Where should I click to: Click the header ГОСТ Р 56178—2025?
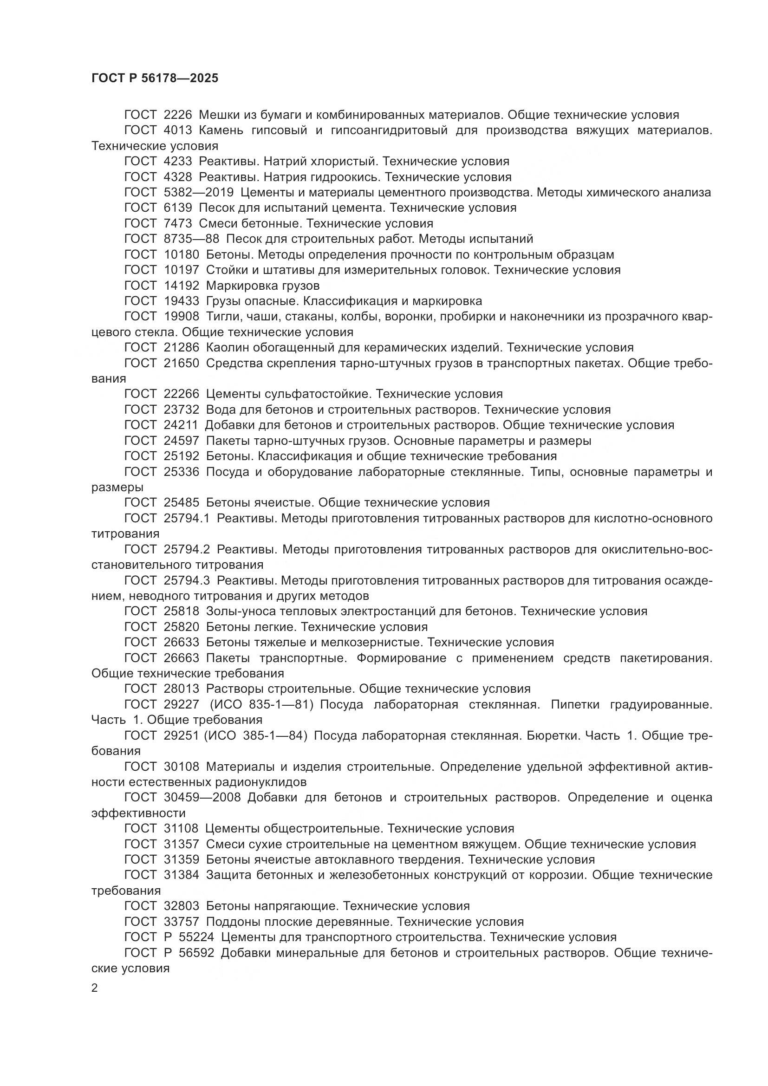[x=155, y=78]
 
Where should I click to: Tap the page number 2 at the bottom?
[x=95, y=988]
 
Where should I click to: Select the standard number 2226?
[x=178, y=115]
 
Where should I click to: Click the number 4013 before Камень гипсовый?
[x=178, y=130]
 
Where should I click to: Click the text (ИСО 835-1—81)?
[x=261, y=705]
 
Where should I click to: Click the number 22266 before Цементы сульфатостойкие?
[x=182, y=394]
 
